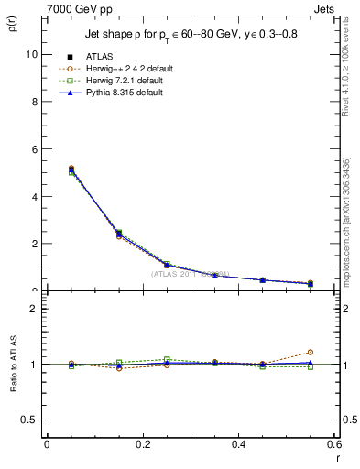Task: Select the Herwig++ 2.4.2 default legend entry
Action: coord(128,69)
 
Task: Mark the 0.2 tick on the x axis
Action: coord(142,444)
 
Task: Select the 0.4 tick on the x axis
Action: coord(239,444)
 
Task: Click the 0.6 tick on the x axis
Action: coord(335,444)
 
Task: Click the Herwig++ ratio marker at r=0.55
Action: coord(311,352)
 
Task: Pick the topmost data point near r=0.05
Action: coord(46,169)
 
